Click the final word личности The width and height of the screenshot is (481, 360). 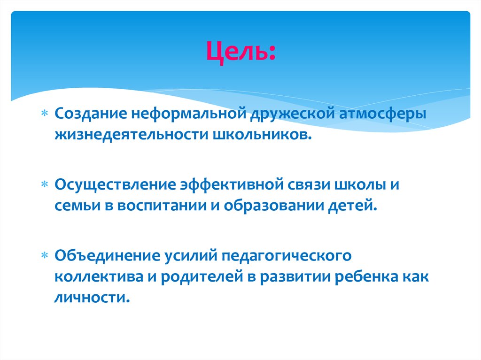[x=91, y=298]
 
